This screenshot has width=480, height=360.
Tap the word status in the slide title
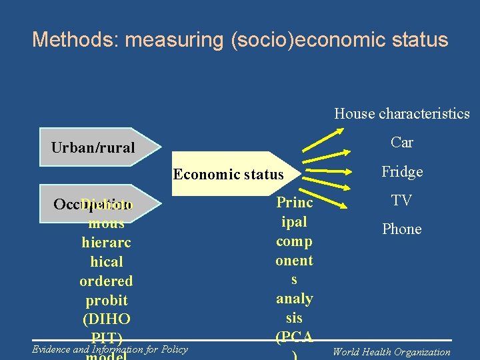click(419, 40)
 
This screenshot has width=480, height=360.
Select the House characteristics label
click(402, 114)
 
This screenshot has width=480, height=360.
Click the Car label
click(402, 142)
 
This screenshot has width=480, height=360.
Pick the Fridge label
click(402, 172)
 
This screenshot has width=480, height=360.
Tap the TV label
click(402, 200)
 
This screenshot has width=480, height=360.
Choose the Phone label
click(402, 229)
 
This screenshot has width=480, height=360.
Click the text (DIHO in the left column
click(106, 319)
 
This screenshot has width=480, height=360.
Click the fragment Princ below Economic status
click(295, 203)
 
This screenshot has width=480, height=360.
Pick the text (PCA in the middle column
click(295, 337)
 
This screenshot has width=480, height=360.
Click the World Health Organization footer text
click(391, 352)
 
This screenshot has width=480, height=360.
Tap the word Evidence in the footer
click(51, 349)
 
